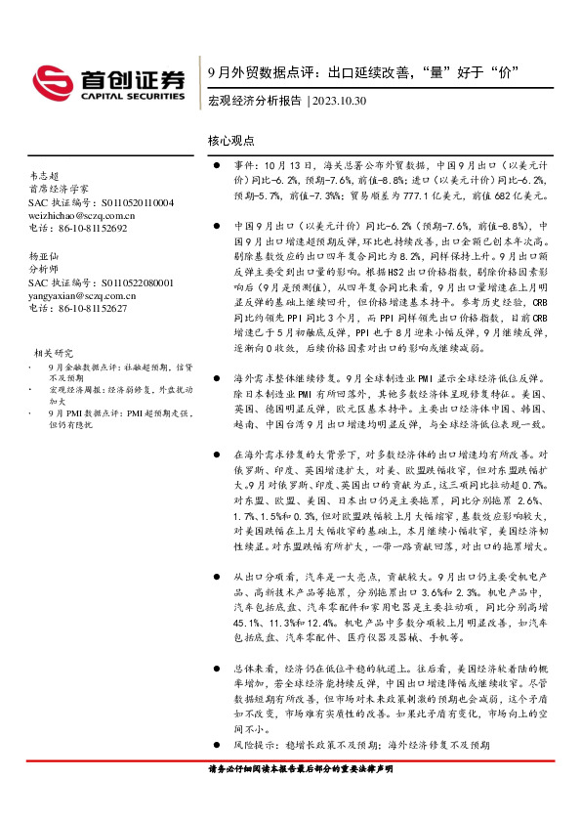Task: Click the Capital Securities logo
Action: pos(106,81)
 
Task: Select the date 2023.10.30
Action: pos(341,101)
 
